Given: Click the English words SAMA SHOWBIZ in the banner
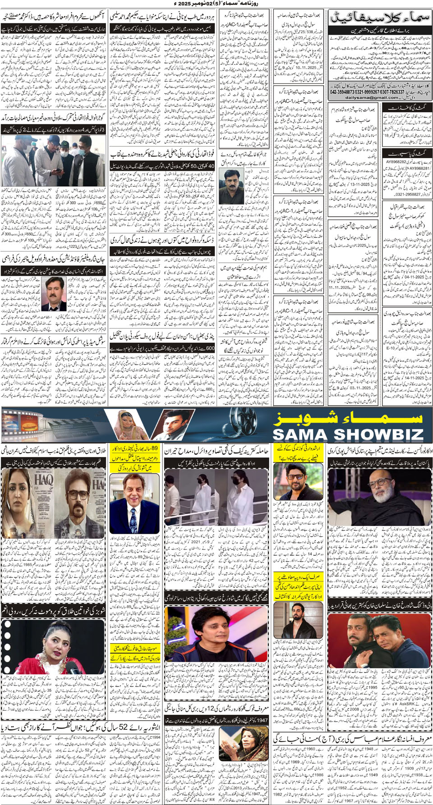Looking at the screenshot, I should [x=348, y=435].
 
